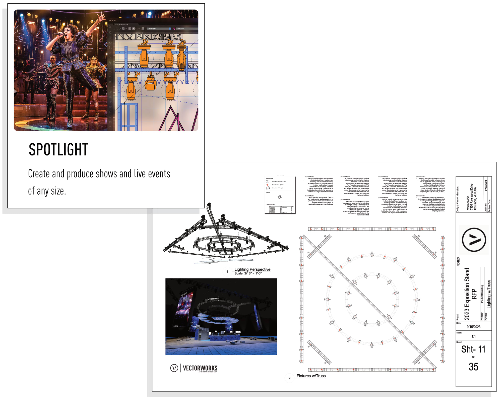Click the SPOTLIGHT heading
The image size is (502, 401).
[x=58, y=150]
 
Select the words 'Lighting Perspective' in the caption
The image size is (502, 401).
[x=252, y=269]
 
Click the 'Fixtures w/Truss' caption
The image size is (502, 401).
[x=311, y=376]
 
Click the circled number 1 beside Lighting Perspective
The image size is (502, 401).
[x=227, y=271]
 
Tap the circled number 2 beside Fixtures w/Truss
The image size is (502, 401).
[x=289, y=378]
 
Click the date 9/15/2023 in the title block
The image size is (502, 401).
[x=473, y=327]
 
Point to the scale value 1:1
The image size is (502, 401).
[x=473, y=336]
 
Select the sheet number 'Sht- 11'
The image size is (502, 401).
[x=473, y=349]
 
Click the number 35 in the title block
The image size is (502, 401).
[x=473, y=367]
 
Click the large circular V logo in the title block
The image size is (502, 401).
[x=474, y=240]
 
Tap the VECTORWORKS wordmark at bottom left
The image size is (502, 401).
[x=200, y=368]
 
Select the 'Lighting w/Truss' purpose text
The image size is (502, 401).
[x=488, y=294]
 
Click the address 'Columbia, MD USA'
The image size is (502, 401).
[x=475, y=198]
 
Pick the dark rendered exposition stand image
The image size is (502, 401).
[x=221, y=316]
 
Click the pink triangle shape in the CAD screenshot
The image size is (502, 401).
[x=173, y=119]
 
